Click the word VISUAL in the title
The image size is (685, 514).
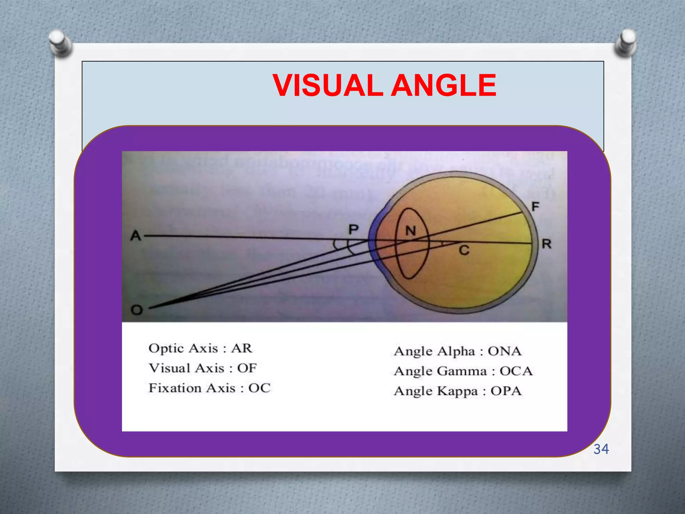pyautogui.click(x=328, y=86)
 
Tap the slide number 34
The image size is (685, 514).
pyautogui.click(x=601, y=449)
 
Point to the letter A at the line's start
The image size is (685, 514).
pyautogui.click(x=136, y=236)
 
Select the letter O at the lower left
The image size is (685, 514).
pyautogui.click(x=136, y=310)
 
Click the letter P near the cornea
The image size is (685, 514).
pyautogui.click(x=354, y=230)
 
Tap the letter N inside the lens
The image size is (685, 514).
pyautogui.click(x=411, y=231)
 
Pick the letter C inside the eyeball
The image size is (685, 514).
pyautogui.click(x=464, y=250)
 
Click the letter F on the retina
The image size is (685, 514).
pyautogui.click(x=535, y=206)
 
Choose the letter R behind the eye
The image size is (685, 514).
pyautogui.click(x=547, y=244)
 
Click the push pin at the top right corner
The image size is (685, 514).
pyautogui.click(x=626, y=42)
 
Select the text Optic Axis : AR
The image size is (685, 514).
pyautogui.click(x=200, y=348)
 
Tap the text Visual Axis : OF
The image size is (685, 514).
pyautogui.click(x=202, y=368)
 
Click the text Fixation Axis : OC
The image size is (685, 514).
pyautogui.click(x=209, y=388)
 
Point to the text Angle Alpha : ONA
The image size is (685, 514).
pyautogui.click(x=457, y=351)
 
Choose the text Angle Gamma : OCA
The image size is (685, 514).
pyautogui.click(x=463, y=371)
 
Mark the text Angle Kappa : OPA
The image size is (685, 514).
pyautogui.click(x=457, y=391)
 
